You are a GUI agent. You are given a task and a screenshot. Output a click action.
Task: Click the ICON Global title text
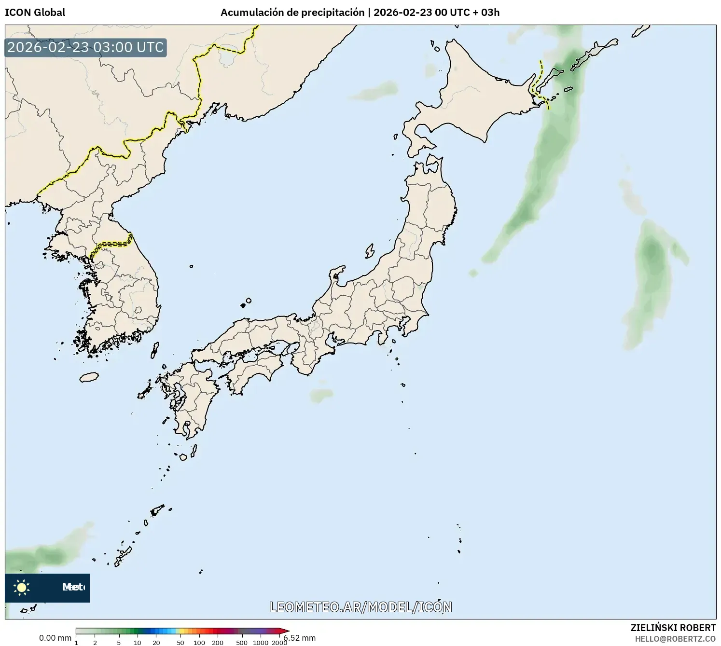[x=35, y=13]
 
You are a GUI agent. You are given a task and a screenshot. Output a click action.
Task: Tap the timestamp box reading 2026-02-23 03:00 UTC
[x=85, y=47]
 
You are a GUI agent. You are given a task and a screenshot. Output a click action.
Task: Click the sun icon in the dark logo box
[x=21, y=587]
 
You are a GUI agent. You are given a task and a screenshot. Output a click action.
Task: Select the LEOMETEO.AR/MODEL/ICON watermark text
[x=360, y=607]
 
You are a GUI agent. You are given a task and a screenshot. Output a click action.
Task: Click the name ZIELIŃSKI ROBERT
[x=673, y=628]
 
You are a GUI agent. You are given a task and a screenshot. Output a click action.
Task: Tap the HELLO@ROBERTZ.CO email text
[x=675, y=639]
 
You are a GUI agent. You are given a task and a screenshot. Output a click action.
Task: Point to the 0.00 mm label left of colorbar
[x=55, y=638]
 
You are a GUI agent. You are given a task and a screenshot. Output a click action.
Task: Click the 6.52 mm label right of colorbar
[x=300, y=638]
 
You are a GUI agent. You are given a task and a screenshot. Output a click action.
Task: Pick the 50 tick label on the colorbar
[x=180, y=643]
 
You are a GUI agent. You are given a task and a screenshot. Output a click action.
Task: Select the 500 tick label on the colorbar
[x=242, y=643]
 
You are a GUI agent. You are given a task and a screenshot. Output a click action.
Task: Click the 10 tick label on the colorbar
[x=137, y=643]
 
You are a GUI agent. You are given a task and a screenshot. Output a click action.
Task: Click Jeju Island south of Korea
[x=89, y=377]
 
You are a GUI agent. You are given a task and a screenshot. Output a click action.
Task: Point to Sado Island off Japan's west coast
[x=370, y=251]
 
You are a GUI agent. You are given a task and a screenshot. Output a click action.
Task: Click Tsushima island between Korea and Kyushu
[x=155, y=349]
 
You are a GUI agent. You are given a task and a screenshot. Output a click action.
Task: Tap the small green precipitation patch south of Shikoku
[x=321, y=396]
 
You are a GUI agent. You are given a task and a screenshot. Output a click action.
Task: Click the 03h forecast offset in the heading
[x=490, y=13]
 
